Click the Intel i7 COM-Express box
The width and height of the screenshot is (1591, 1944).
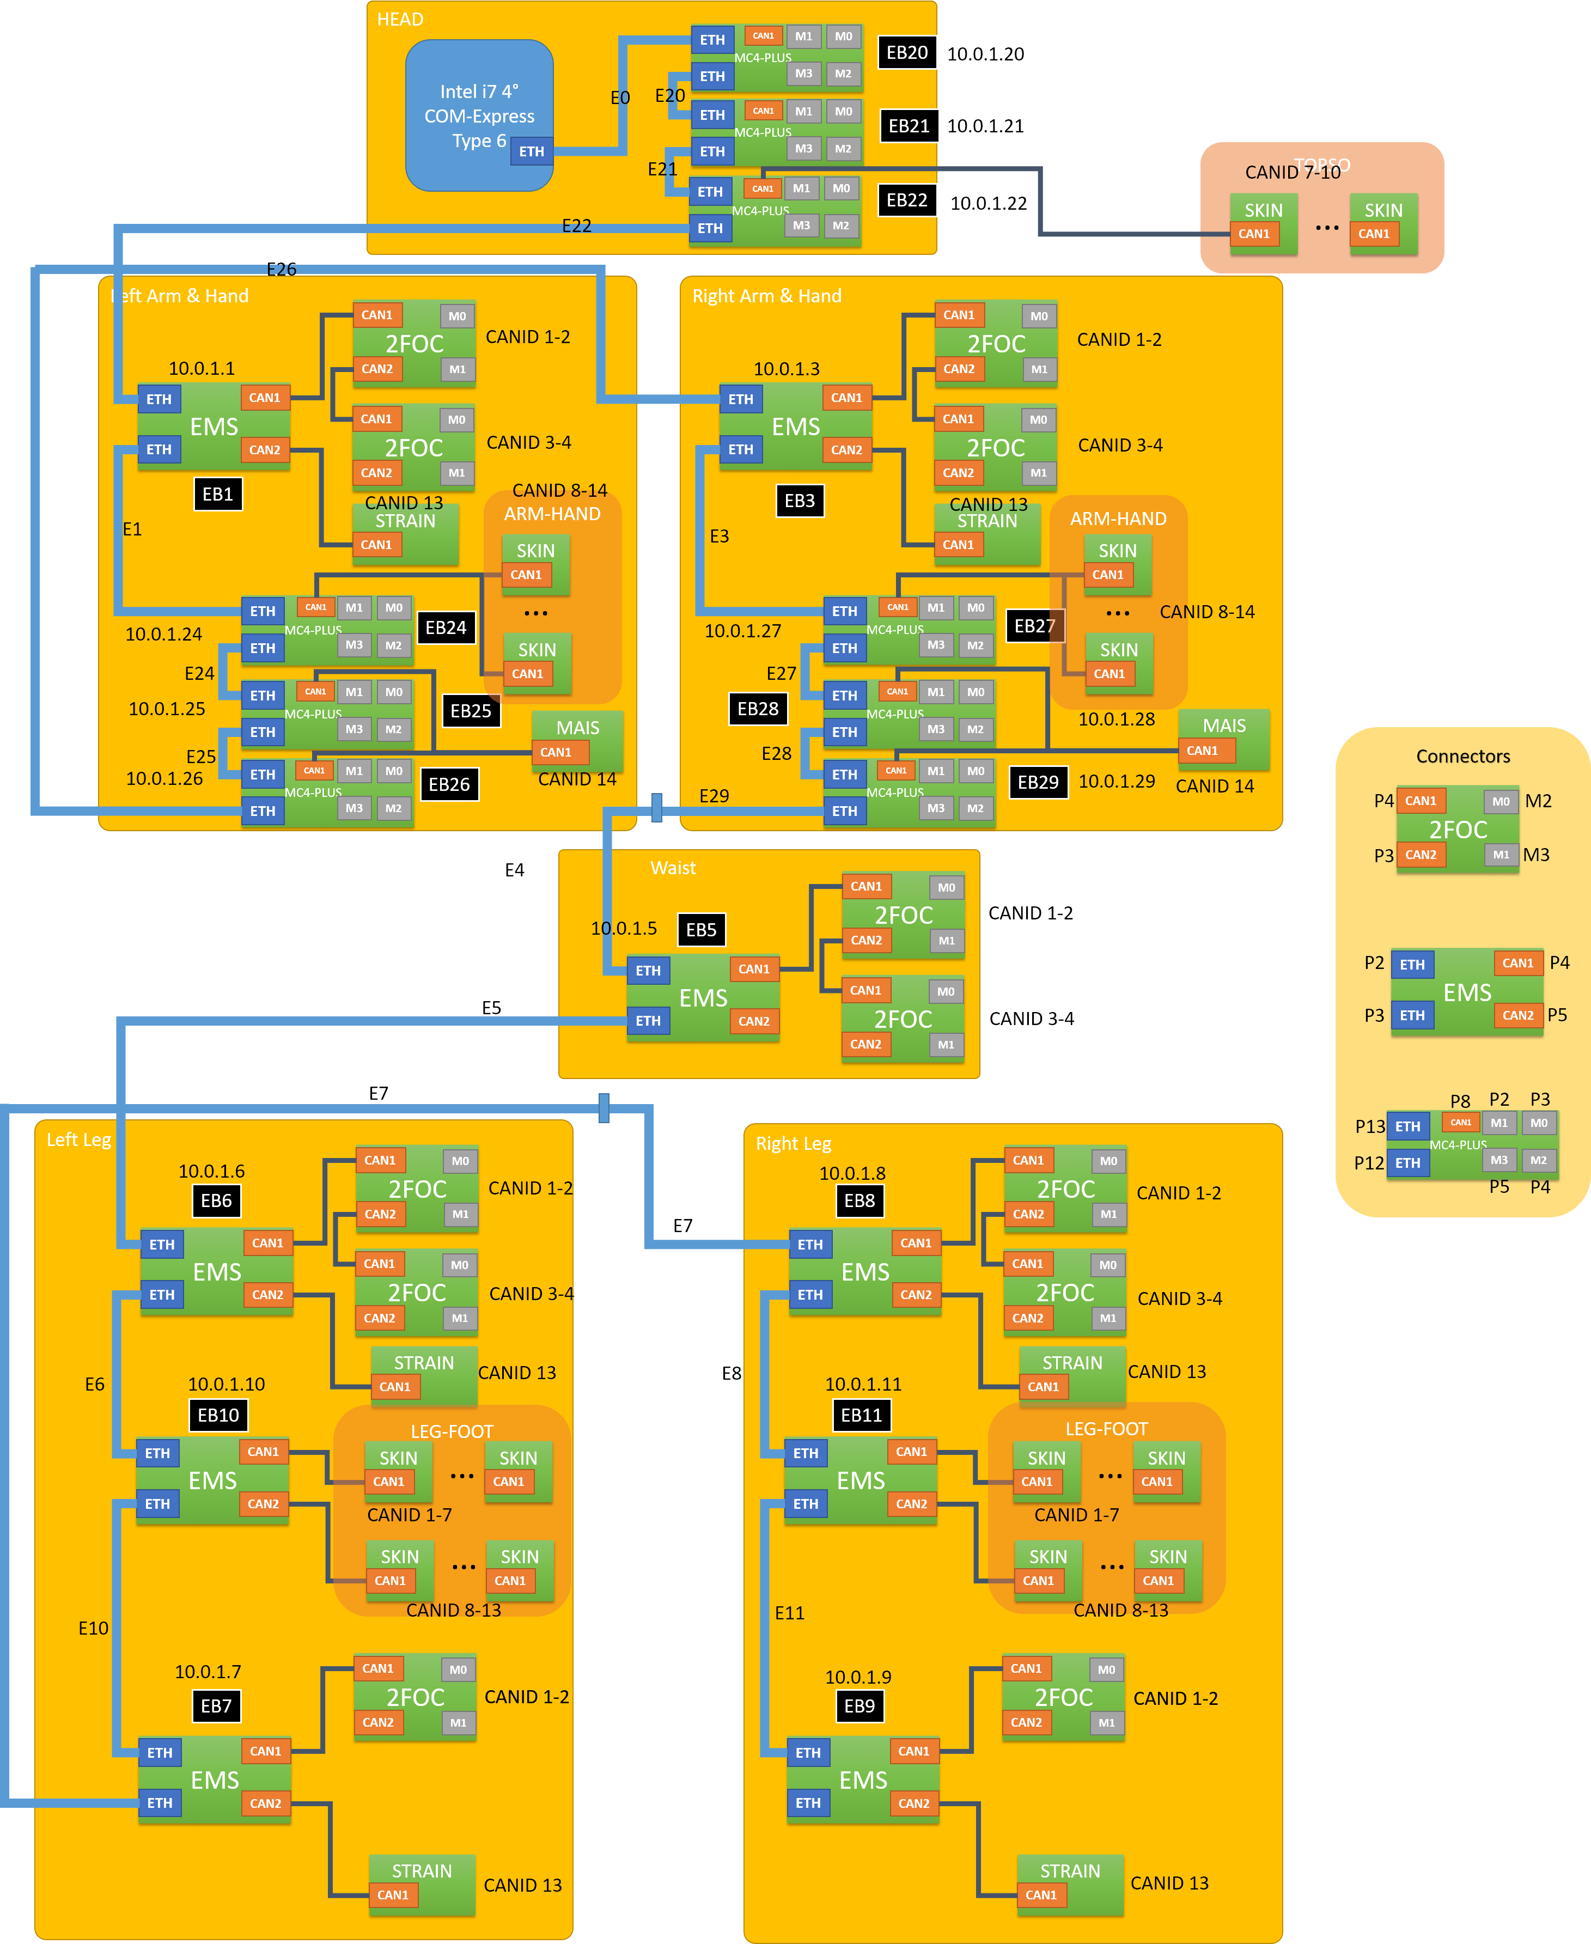(x=478, y=115)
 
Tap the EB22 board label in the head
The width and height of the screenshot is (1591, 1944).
(x=906, y=200)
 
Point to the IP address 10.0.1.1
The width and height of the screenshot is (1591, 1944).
(x=202, y=368)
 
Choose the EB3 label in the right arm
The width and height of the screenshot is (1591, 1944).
(x=799, y=501)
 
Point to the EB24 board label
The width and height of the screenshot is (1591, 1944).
(x=446, y=628)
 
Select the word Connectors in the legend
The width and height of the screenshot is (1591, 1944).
(x=1462, y=756)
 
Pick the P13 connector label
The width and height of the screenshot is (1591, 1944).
(x=1370, y=1126)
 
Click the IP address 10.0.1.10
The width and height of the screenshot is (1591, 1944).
(x=227, y=1384)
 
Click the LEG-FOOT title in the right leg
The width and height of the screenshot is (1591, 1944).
(x=1106, y=1429)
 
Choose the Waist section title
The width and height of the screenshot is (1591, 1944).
(x=673, y=868)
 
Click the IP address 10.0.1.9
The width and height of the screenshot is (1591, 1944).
(x=858, y=1677)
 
